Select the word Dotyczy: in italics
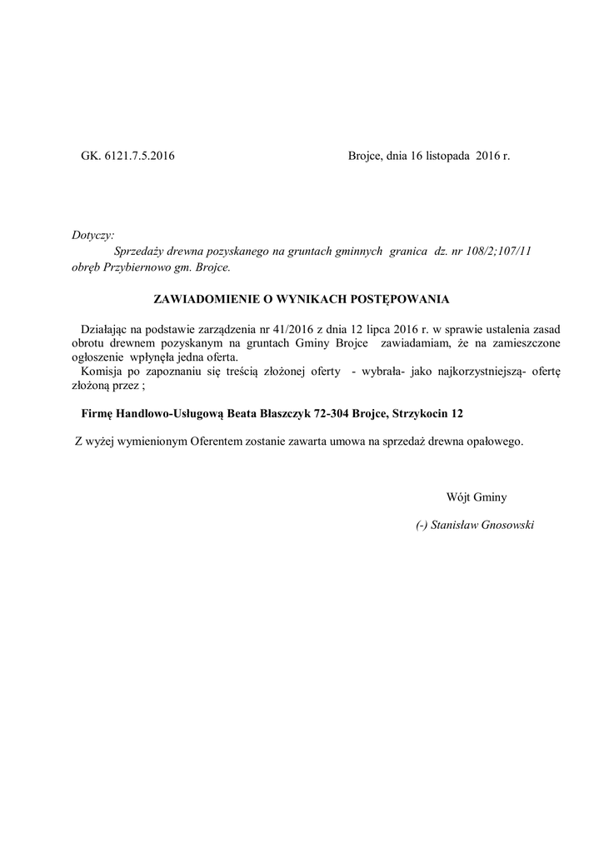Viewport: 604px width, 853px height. coord(93,236)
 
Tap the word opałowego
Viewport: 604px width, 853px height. coord(497,441)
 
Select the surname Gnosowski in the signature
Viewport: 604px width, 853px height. coord(504,525)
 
